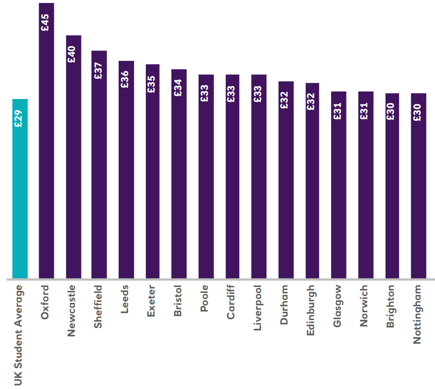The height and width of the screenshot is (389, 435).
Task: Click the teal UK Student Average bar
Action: click(x=20, y=188)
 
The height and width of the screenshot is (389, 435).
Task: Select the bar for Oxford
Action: click(x=46, y=148)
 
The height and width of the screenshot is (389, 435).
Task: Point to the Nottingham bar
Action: click(x=418, y=188)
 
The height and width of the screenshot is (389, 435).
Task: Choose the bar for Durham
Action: click(x=286, y=183)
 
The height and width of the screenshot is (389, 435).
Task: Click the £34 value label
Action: click(x=178, y=88)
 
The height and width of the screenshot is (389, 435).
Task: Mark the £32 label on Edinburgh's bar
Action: click(x=311, y=101)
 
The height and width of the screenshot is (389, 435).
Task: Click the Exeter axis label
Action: click(x=152, y=300)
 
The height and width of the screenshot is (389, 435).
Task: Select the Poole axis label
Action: click(x=205, y=297)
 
